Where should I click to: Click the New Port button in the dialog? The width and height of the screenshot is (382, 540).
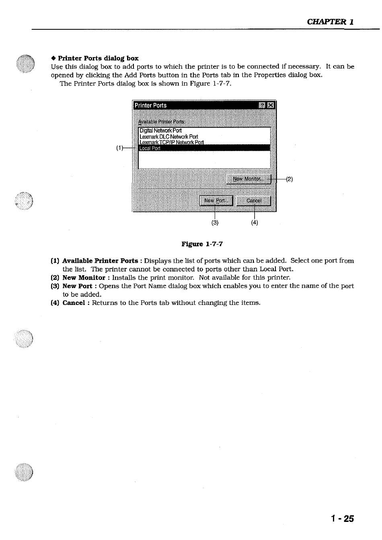(216, 200)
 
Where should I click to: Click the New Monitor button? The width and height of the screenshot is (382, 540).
(249, 179)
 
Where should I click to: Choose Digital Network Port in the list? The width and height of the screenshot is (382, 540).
(160, 131)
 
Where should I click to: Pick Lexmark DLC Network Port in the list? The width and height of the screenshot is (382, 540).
(169, 137)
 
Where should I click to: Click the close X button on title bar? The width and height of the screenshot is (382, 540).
(271, 105)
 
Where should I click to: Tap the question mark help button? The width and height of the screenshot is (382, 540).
(263, 105)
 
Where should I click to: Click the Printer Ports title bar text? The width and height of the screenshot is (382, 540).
(151, 105)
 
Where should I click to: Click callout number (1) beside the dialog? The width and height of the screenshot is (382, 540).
(120, 148)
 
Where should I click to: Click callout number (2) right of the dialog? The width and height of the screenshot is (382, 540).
(289, 179)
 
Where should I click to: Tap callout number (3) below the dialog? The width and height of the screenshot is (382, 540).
(215, 223)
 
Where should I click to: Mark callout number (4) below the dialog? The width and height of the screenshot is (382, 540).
(255, 223)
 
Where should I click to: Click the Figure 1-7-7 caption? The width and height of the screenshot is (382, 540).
(202, 244)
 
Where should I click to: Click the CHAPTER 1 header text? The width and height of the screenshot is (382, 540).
(330, 22)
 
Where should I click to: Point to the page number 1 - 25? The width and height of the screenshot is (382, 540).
(343, 519)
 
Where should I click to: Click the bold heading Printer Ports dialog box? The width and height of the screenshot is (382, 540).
(98, 58)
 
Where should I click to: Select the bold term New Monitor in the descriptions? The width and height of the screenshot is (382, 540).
(84, 278)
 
